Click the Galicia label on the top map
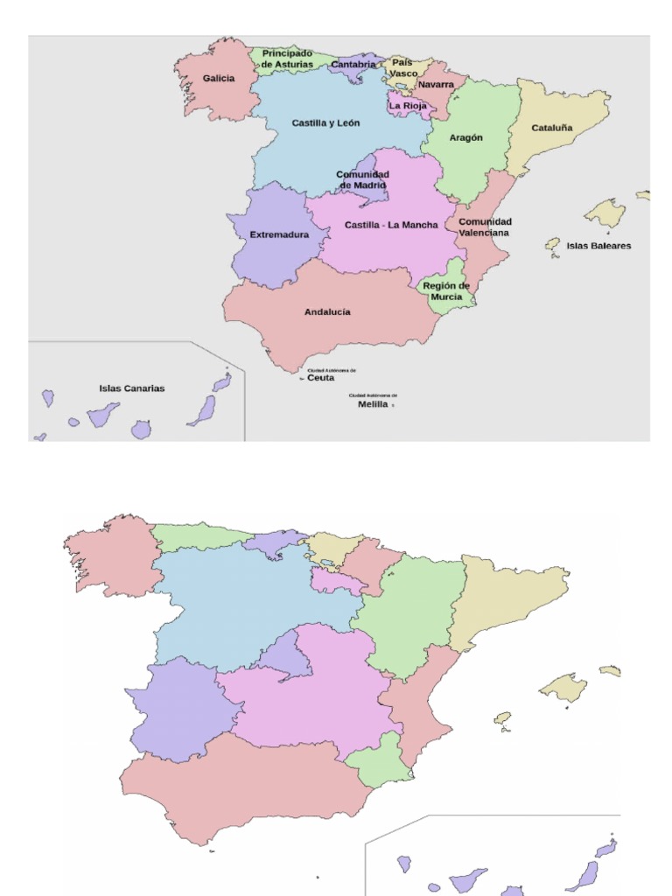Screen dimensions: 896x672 point(219,79)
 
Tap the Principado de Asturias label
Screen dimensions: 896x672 point(287,59)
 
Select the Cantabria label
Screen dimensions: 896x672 point(353,65)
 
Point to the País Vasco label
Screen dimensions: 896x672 point(402,68)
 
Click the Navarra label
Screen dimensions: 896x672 point(436,85)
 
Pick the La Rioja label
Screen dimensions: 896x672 point(408,106)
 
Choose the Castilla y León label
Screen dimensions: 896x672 point(325,123)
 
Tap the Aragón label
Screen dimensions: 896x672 point(465,138)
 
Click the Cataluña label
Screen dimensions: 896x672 point(552,128)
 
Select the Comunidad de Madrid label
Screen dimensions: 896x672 point(362,179)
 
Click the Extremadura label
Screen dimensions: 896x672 point(279,234)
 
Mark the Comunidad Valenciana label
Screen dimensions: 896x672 point(485,227)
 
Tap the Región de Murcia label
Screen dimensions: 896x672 point(446,291)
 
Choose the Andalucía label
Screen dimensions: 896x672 point(327,311)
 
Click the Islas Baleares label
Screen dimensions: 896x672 point(598,246)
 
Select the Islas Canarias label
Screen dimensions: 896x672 point(131,388)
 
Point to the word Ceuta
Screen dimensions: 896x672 point(320,378)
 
